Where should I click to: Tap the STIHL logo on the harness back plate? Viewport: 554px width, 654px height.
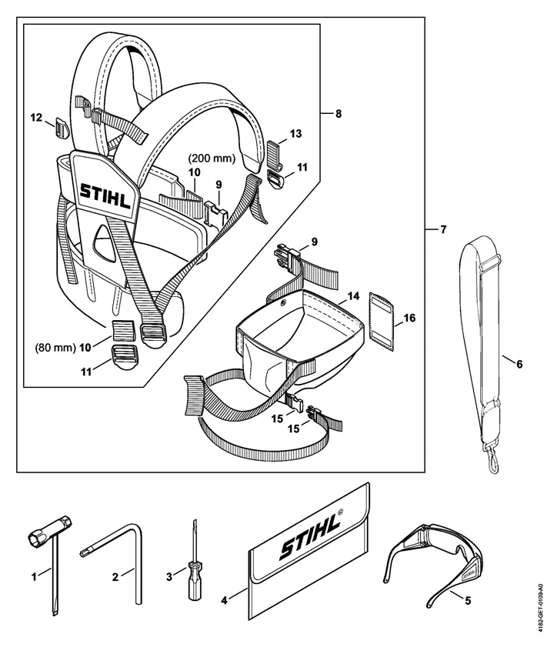coord(105,196)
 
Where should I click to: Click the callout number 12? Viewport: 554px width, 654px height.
coord(37,118)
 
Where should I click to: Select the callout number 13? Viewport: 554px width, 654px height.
coord(295,134)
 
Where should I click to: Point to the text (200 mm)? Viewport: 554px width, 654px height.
coord(212,158)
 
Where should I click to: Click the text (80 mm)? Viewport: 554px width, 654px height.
coord(55,348)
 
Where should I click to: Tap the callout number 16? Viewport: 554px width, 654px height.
coord(409,319)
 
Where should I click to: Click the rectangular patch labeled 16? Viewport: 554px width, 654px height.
coord(382,321)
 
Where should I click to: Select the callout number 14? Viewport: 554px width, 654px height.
coord(353,296)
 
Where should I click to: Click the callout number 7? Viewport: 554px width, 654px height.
coord(443,229)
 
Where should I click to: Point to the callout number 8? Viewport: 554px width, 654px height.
coord(339,113)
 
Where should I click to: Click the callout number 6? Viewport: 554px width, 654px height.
coord(519,364)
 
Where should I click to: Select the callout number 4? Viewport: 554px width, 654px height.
coord(224,601)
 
